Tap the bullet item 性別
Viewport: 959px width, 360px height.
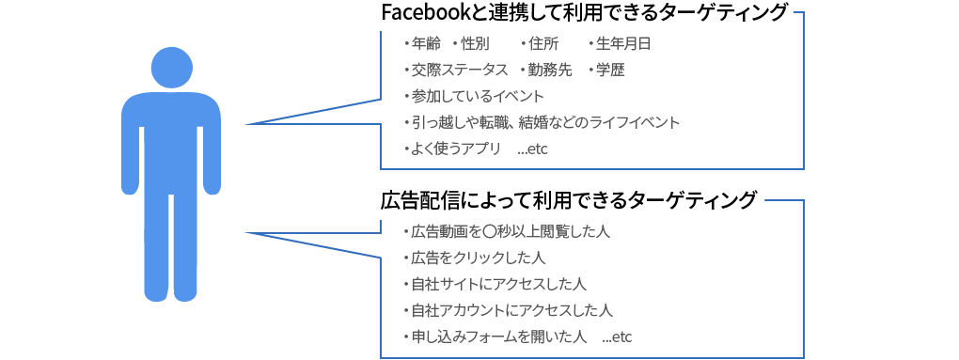click(x=474, y=43)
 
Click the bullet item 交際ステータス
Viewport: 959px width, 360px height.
click(x=460, y=70)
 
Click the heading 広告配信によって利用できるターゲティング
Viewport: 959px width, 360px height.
click(x=568, y=200)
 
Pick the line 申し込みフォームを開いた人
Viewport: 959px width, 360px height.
click(x=498, y=337)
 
